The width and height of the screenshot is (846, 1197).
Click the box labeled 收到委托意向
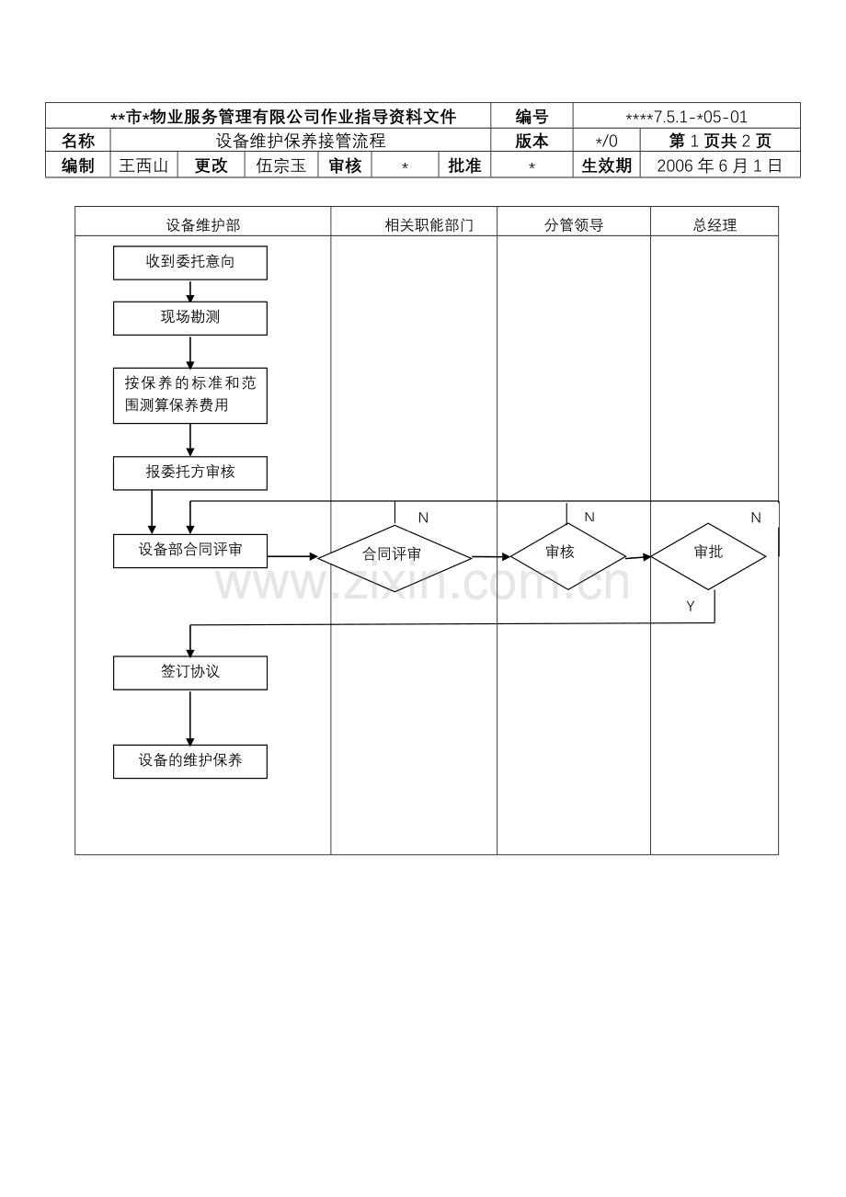click(x=189, y=262)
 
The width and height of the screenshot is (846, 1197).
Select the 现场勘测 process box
click(x=189, y=318)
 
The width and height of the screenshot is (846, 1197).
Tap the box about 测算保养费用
click(x=189, y=395)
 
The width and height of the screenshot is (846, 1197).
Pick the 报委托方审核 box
click(x=189, y=473)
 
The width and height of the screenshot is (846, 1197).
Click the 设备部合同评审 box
click(x=189, y=551)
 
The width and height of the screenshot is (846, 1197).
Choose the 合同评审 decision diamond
click(x=394, y=558)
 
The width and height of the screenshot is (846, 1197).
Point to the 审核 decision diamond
click(x=567, y=556)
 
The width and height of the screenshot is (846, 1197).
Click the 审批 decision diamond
click(x=708, y=556)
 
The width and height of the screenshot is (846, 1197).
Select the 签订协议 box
click(x=189, y=673)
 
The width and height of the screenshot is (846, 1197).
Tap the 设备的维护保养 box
click(x=189, y=761)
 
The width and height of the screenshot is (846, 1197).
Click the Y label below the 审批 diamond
click(x=690, y=606)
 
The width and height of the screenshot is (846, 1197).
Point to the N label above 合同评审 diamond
click(x=423, y=518)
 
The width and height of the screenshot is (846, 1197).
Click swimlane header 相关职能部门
click(x=429, y=225)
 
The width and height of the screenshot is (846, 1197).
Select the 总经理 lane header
click(x=715, y=225)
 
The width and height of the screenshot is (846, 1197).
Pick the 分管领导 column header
click(x=574, y=225)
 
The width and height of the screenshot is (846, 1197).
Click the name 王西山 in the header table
click(x=143, y=165)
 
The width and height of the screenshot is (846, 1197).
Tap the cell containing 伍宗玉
click(x=281, y=165)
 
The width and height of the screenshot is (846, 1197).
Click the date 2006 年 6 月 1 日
click(x=719, y=165)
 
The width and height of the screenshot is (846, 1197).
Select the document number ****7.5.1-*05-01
click(x=686, y=117)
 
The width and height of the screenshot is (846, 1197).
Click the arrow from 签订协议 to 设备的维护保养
click(x=189, y=718)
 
